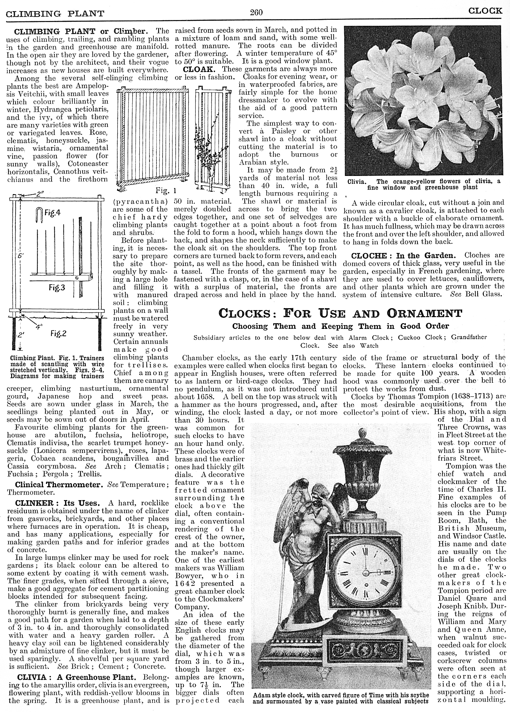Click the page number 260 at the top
256,12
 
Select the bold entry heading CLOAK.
195,69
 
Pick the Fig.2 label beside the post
58,334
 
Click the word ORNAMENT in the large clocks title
424,313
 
